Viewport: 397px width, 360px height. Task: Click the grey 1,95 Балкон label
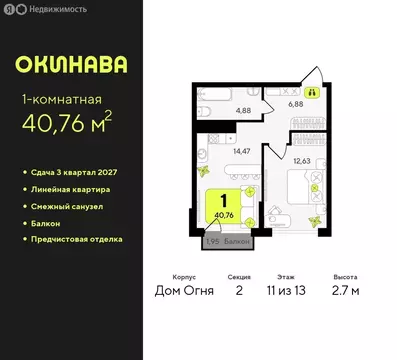point(226,242)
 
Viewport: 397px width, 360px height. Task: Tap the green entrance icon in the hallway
point(310,90)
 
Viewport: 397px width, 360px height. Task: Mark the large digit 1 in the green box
point(225,200)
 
